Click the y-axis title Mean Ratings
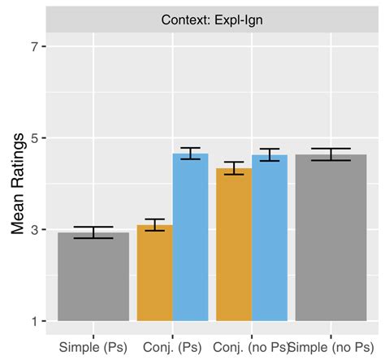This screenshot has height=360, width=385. coord(17,183)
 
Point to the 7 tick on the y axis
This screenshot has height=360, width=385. coord(33,46)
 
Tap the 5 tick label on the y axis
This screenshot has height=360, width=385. coord(33,138)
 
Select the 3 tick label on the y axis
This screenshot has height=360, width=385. coord(33,230)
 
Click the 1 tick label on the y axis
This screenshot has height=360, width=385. coord(33,321)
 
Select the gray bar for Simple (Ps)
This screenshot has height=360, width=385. coord(93,276)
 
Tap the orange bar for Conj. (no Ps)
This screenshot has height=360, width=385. coord(234,245)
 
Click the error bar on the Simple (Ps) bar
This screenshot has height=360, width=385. coord(93,232)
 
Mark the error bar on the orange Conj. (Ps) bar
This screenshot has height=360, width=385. coord(154,225)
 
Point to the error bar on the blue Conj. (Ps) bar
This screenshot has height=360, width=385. coord(190,154)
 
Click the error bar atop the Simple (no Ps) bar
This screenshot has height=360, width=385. coord(331,154)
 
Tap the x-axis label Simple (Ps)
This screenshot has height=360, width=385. coord(93,347)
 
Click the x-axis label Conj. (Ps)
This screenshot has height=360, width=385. coord(172,347)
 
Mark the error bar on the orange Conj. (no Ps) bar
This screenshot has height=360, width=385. coord(234,168)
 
